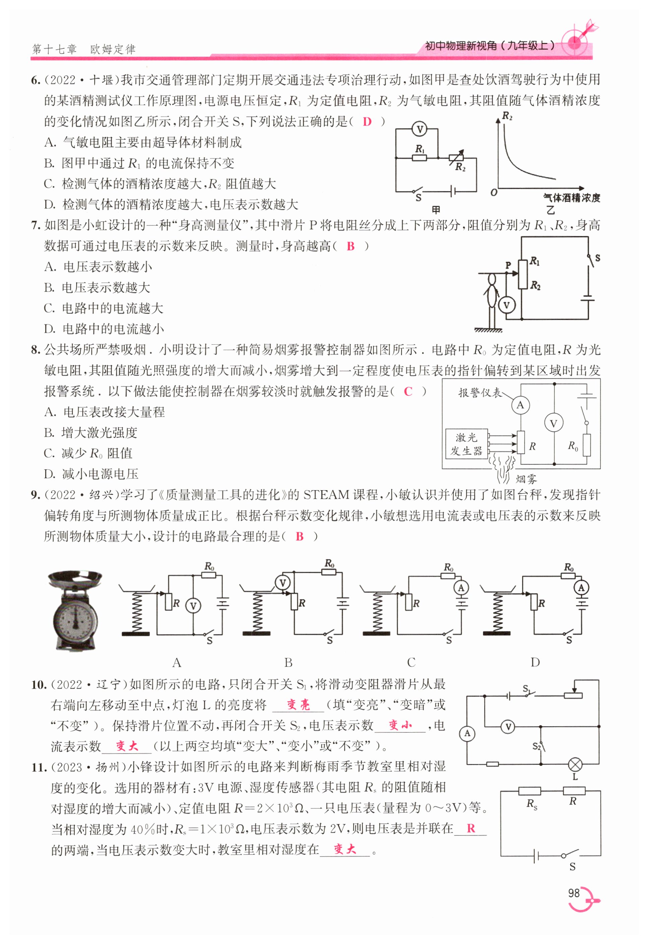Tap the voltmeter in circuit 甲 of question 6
tap(419, 130)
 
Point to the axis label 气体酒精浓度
tap(571, 198)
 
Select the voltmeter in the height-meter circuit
tap(506, 305)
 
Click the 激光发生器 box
tap(466, 444)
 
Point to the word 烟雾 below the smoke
tap(526, 479)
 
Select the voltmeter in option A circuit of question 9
tap(193, 606)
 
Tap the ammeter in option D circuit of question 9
tap(581, 587)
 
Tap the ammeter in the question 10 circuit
tap(467, 733)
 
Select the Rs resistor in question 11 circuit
tap(529, 791)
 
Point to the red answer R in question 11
tap(470, 828)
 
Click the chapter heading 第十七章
tap(54, 50)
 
